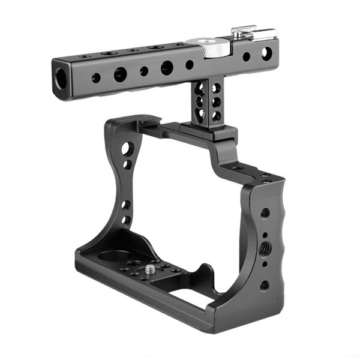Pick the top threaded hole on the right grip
[x=265, y=212]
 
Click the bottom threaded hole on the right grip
[x=264, y=284]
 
